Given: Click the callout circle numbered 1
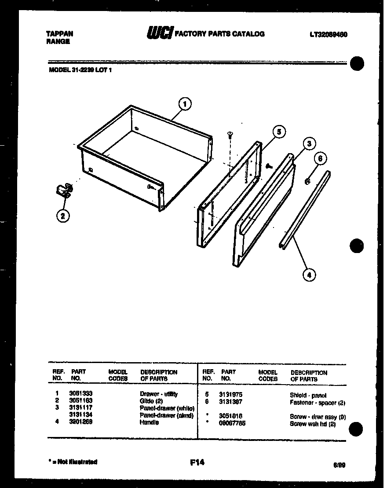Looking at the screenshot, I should pos(185,104).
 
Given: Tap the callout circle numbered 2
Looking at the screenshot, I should pos(63,216).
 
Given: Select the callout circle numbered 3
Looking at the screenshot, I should pos(309,143).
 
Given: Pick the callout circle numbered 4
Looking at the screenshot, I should pos(309,275).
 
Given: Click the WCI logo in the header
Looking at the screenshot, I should pos(157,33).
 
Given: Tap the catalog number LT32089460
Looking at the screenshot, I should pos(329,34).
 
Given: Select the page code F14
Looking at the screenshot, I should pos(197,462).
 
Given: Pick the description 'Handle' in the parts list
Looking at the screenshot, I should pos(149,422).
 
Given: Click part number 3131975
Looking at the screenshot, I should pos(230,395).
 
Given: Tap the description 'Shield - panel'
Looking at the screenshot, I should pos(308,395).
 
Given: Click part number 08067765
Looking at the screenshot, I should pos(232,423).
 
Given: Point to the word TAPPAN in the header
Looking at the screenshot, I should pos(59,33).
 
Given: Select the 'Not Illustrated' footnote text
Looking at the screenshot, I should pos(73,462).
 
